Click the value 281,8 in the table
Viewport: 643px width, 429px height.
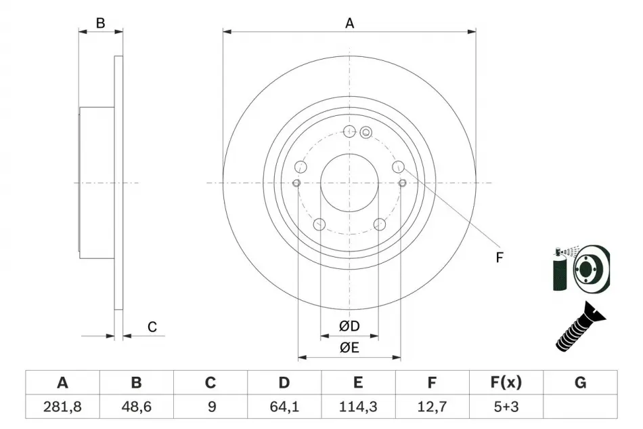(62, 407)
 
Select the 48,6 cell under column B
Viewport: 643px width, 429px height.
(137, 407)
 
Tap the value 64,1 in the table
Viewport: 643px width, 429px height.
(284, 407)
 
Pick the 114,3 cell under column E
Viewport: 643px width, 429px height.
(358, 407)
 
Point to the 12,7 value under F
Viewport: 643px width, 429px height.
(432, 407)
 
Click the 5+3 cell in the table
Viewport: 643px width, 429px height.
(506, 407)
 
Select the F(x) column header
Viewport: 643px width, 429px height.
(506, 383)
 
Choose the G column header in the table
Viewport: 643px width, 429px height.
(580, 383)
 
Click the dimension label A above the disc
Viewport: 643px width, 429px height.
(349, 24)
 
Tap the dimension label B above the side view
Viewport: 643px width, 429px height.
(100, 24)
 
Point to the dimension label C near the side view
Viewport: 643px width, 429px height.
(152, 327)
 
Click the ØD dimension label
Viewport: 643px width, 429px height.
(349, 326)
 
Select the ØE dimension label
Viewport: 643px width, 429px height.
(349, 348)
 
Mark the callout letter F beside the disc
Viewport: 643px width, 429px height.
(499, 258)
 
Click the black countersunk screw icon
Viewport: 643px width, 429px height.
(580, 327)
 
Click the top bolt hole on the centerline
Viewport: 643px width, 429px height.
(349, 131)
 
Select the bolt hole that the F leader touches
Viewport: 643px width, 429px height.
(398, 167)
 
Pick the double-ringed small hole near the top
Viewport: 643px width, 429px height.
(365, 132)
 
